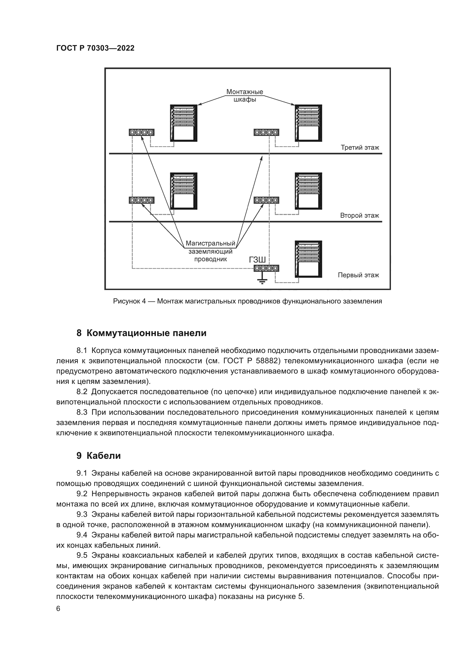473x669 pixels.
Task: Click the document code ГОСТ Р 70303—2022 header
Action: pos(95,48)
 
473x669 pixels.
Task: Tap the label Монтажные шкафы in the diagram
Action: pos(245,96)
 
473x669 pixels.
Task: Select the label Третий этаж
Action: pos(360,147)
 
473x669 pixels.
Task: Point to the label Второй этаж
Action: pos(359,216)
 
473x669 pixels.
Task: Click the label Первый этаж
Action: pos(358,275)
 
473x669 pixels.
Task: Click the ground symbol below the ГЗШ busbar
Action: pos(262,281)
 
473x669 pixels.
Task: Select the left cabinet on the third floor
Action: pos(184,123)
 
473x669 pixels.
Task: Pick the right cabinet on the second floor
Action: pos(309,191)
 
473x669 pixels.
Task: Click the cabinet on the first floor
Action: pos(309,259)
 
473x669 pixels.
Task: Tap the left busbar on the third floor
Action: pos(142,133)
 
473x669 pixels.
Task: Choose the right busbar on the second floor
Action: pos(266,200)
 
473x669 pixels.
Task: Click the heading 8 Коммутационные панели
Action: pos(141,333)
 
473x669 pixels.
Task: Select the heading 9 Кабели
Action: pos(98,456)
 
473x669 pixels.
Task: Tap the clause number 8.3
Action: pos(82,412)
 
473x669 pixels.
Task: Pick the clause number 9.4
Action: pos(82,535)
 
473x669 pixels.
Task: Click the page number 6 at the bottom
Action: pos(58,609)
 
